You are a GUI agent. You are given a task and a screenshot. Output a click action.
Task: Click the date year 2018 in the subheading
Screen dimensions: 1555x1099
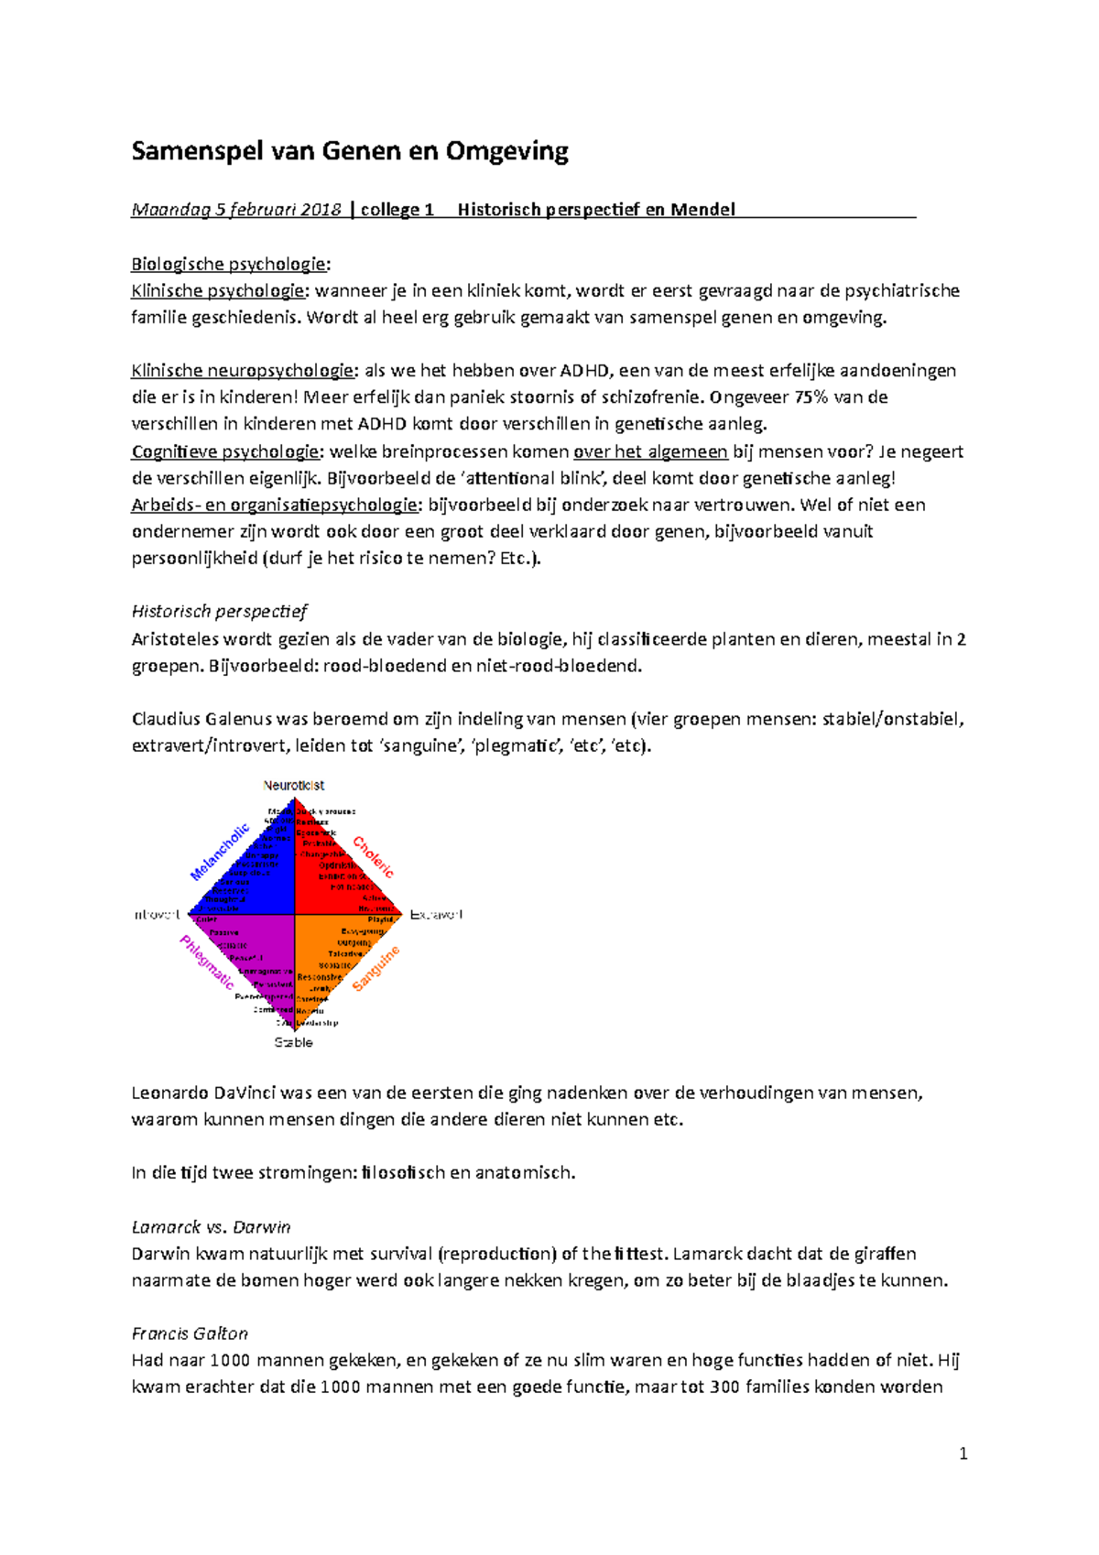click(320, 210)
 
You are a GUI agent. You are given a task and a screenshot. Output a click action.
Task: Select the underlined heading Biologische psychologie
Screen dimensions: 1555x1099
click(228, 265)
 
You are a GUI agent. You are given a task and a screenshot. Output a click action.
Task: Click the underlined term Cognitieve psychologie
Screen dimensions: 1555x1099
click(225, 451)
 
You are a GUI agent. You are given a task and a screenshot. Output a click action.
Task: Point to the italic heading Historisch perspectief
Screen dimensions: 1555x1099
click(219, 612)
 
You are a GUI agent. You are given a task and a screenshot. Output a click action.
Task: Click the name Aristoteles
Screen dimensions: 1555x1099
click(176, 639)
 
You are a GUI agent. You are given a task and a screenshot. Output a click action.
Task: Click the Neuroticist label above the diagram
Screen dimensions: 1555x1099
click(293, 786)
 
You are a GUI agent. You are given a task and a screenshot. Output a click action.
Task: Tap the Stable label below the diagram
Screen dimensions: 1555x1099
click(293, 1042)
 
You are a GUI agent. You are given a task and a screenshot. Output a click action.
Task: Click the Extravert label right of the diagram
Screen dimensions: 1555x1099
click(436, 914)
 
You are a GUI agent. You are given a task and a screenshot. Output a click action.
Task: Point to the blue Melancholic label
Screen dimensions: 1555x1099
click(220, 852)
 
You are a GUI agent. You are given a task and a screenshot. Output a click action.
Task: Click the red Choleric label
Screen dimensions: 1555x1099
click(374, 857)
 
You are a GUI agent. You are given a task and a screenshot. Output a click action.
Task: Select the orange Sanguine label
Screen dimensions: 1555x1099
click(375, 969)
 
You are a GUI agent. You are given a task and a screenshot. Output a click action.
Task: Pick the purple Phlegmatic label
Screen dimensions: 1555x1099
click(207, 962)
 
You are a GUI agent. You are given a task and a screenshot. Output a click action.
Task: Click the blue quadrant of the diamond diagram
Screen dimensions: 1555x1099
click(256, 870)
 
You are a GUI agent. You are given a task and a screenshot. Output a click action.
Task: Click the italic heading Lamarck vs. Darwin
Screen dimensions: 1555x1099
click(211, 1227)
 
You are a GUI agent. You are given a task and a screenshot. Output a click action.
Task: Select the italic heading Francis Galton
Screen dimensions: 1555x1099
click(190, 1333)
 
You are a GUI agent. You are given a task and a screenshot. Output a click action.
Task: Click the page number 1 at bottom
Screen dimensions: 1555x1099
click(963, 1453)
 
